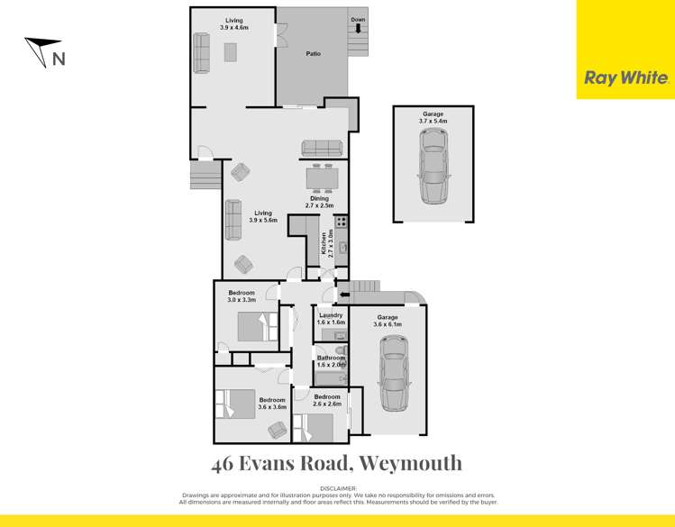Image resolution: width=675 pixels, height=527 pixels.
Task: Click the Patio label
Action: click(313, 54)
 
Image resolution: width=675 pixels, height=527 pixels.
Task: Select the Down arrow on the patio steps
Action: click(358, 28)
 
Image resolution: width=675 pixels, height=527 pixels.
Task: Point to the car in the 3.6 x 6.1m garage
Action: click(393, 372)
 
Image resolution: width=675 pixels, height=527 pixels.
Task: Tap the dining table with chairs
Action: click(322, 178)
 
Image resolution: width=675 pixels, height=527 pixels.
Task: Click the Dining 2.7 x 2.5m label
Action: click(322, 203)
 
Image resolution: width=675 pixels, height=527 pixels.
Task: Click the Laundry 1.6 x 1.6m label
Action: click(331, 318)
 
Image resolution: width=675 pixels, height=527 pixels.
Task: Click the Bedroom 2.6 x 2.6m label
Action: click(327, 400)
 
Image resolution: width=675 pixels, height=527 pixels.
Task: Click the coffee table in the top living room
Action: click(231, 53)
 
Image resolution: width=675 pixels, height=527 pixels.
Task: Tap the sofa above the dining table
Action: click(322, 149)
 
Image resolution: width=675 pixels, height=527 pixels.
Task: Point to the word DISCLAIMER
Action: click(337, 487)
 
